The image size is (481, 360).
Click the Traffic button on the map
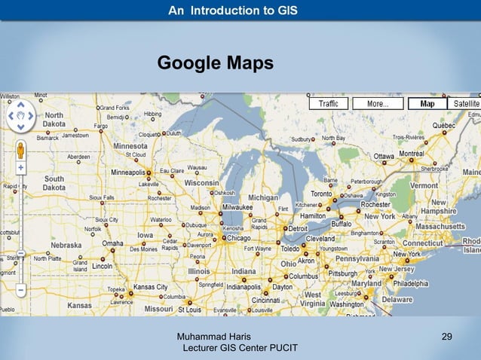pos(329,103)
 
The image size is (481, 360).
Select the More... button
pos(378,103)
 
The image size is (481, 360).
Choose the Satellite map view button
pos(466,103)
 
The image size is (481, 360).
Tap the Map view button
pos(427,103)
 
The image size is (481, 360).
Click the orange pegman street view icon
pos(20,148)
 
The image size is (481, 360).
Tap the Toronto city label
pos(322,194)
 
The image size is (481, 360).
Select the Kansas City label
pos(150,287)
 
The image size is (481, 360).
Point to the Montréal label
pos(412,153)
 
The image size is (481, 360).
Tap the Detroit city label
pos(299,227)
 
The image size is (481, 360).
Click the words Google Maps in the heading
pos(215,64)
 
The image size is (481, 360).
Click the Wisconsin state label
pos(201,182)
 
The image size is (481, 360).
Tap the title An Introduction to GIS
pos(232,11)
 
